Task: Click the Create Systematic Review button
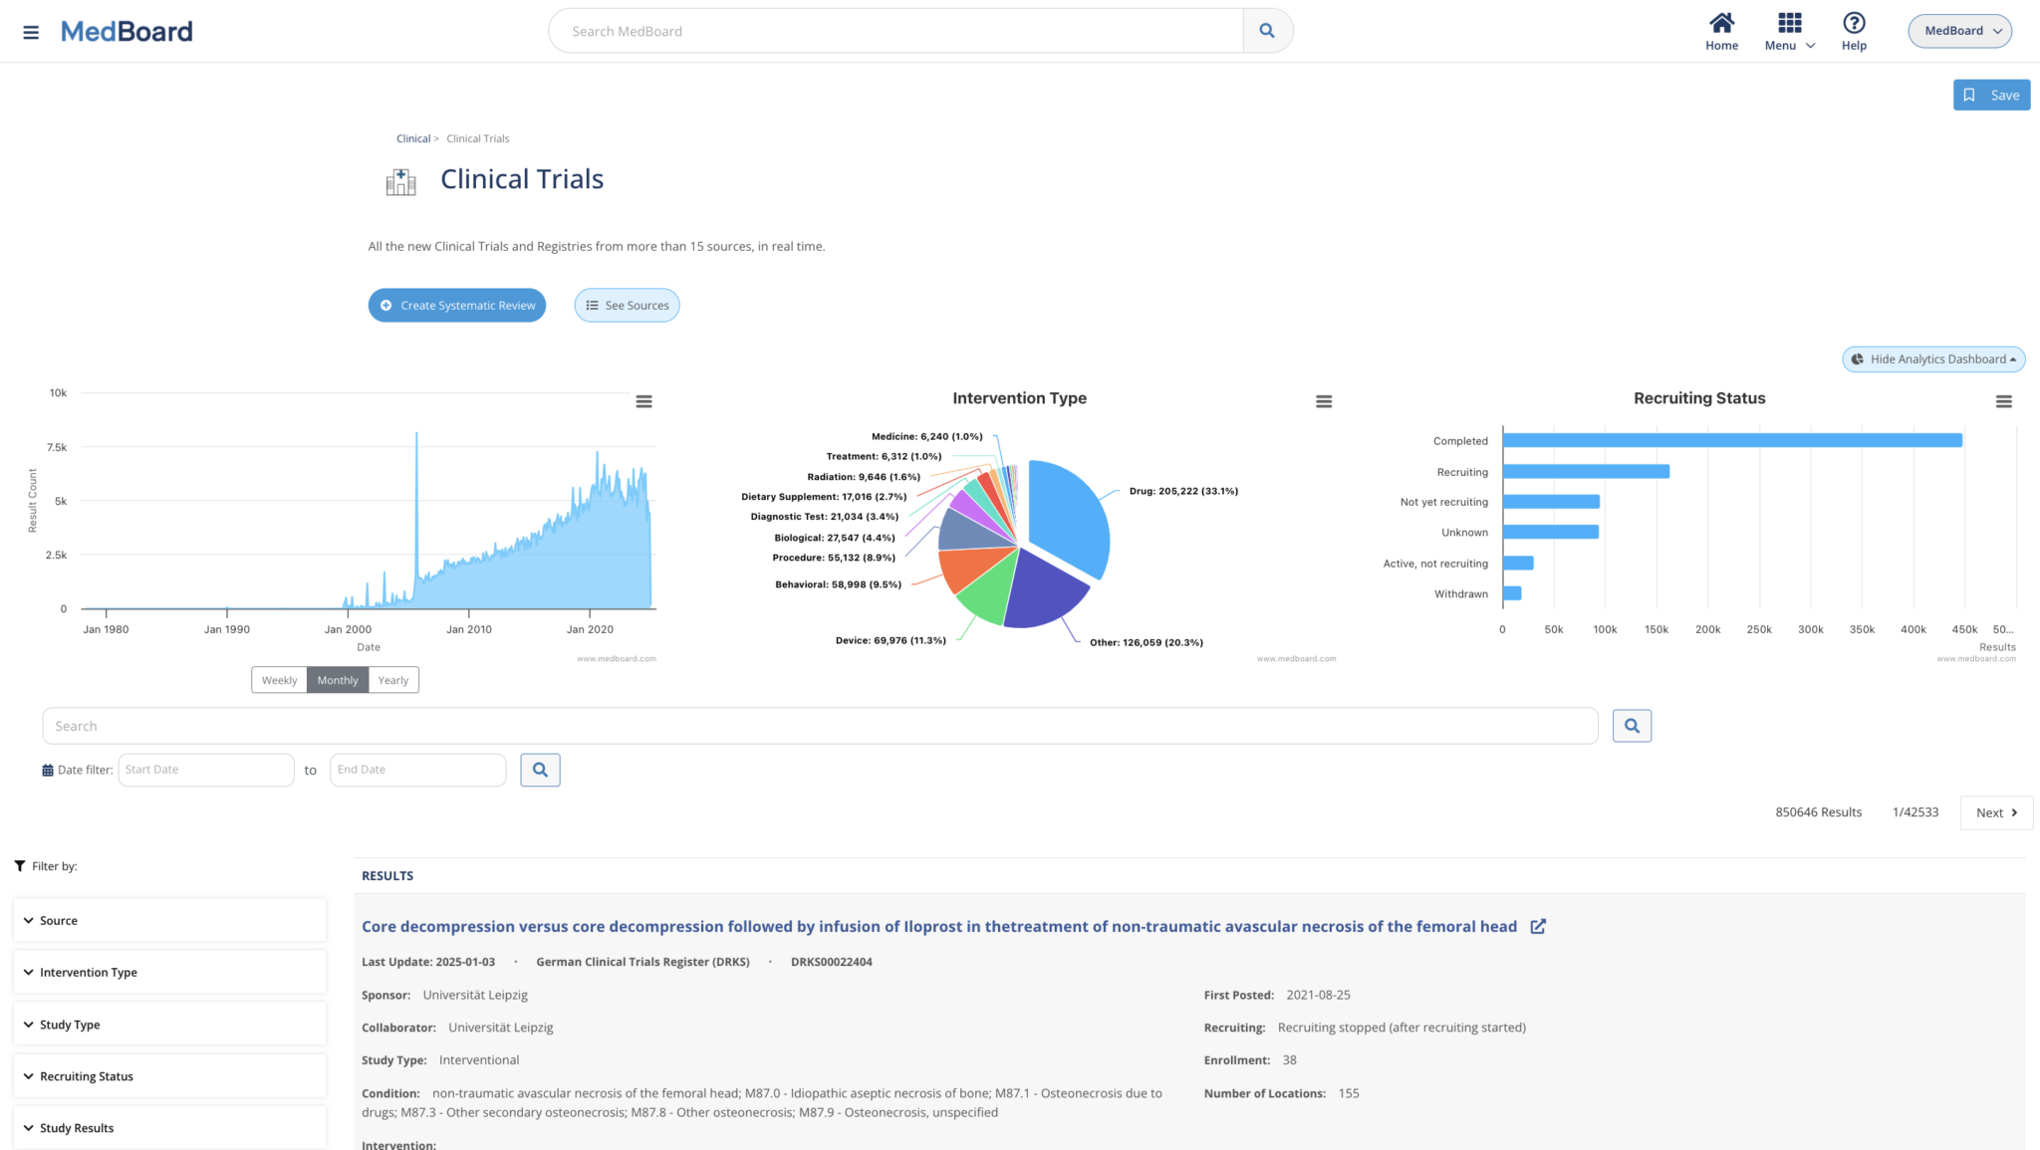(x=456, y=306)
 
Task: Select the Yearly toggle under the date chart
(x=392, y=680)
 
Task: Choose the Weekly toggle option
(x=279, y=680)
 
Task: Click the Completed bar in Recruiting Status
(x=1731, y=440)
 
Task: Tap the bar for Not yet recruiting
(x=1551, y=502)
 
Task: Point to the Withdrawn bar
(x=1512, y=593)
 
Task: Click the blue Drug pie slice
(x=1071, y=513)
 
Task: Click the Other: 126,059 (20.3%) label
(x=1146, y=643)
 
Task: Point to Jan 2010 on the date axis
(x=468, y=629)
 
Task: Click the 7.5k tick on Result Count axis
(x=58, y=448)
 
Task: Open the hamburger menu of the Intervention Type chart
(x=1324, y=401)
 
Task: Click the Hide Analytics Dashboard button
(x=1933, y=359)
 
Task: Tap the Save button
(x=1991, y=96)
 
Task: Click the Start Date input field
(x=206, y=770)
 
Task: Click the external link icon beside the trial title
(x=1538, y=927)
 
